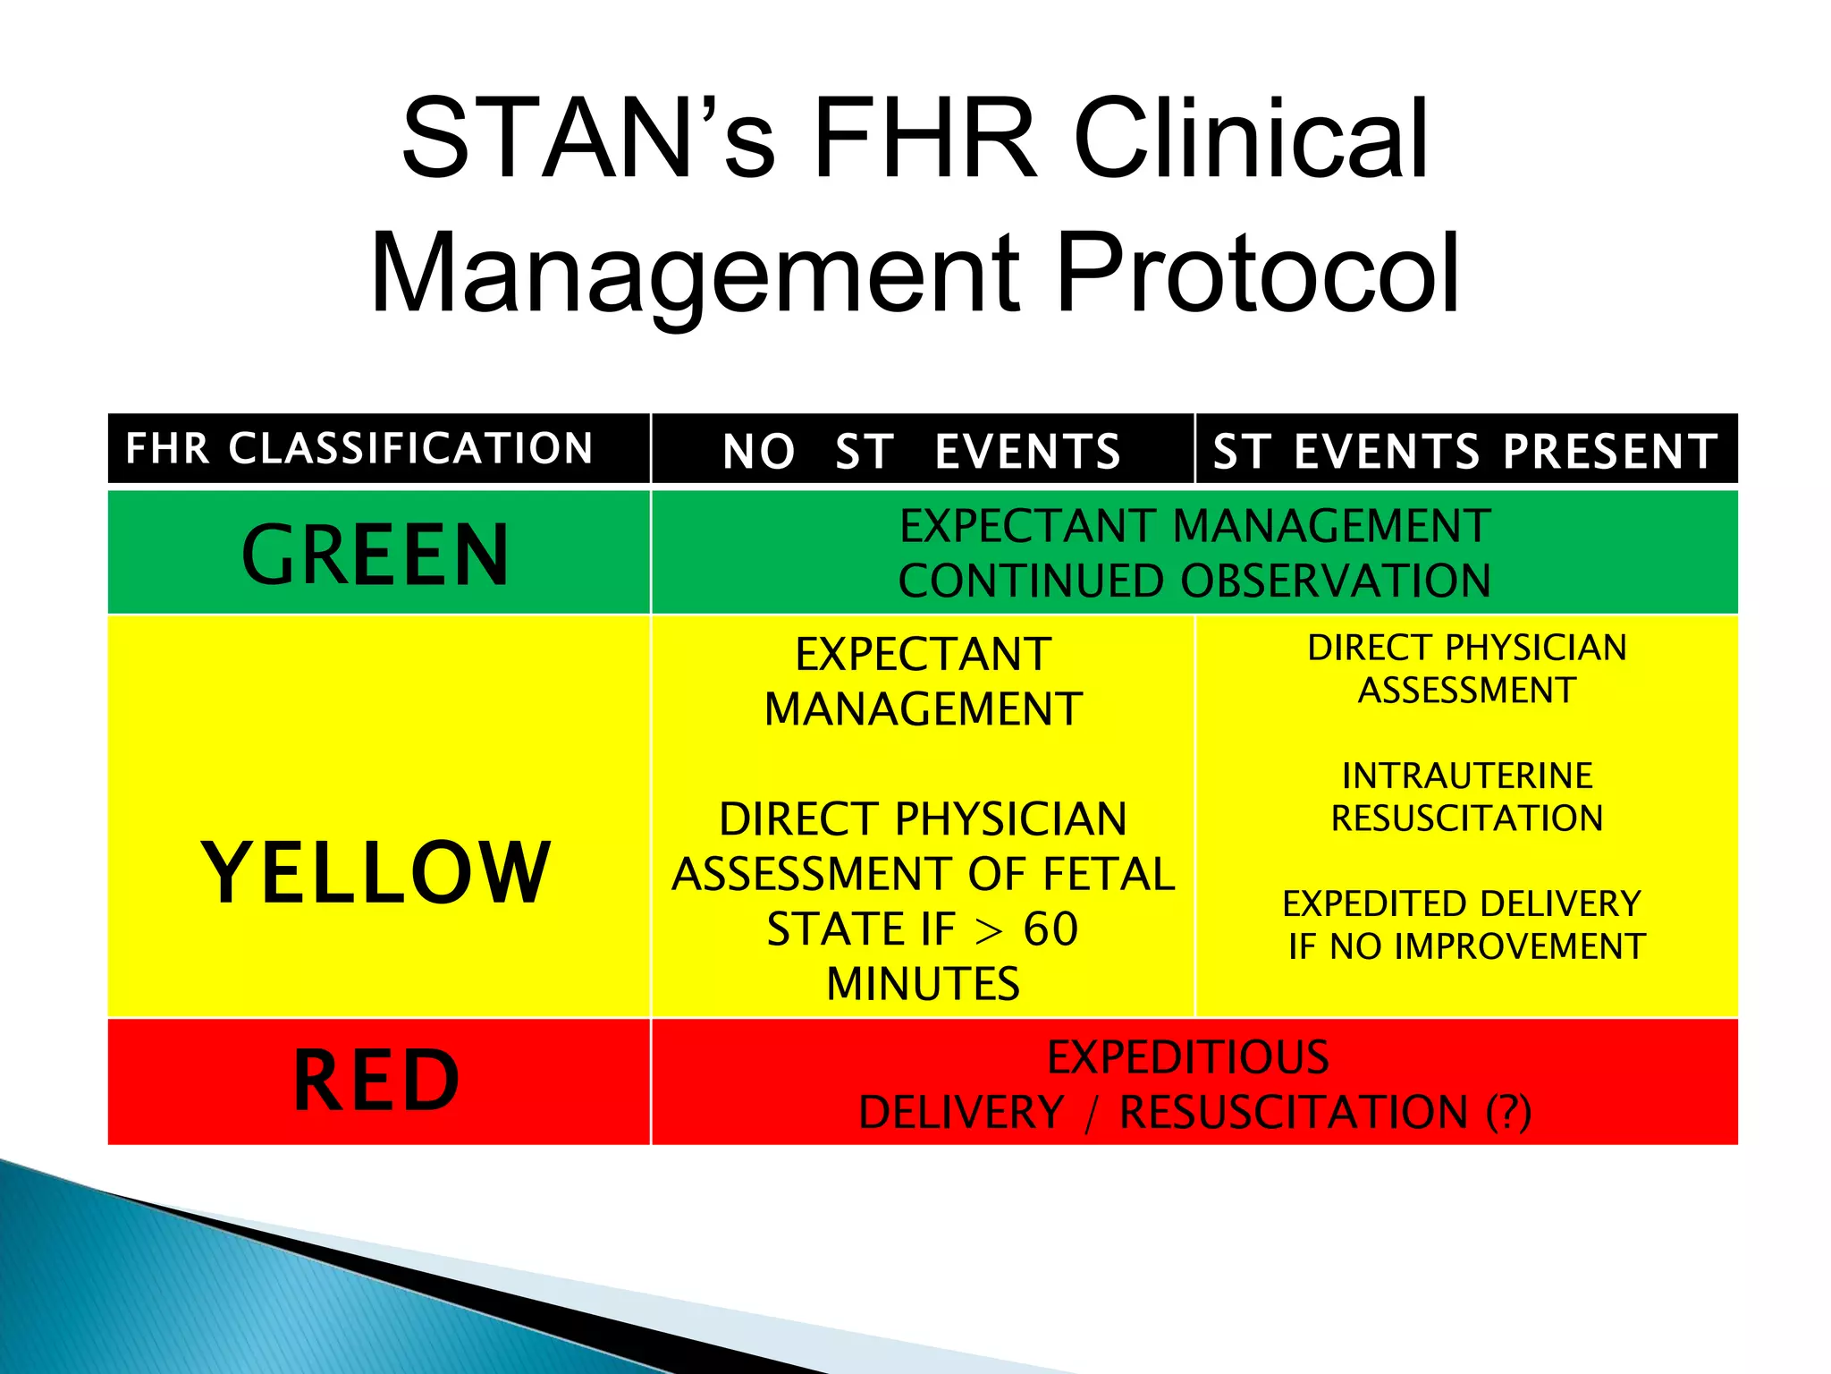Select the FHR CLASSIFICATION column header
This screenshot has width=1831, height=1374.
pyautogui.click(x=359, y=449)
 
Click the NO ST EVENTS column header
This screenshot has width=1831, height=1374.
pyautogui.click(x=922, y=451)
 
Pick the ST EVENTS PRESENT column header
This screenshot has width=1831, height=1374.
pyautogui.click(x=1465, y=451)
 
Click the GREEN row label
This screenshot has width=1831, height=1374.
pyautogui.click(x=375, y=556)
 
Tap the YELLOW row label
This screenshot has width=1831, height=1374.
pyautogui.click(x=375, y=873)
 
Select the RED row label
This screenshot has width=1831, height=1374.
pyautogui.click(x=376, y=1081)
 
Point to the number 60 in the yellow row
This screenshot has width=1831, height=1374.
pyautogui.click(x=1051, y=929)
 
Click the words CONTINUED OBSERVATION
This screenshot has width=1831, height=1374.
pyautogui.click(x=1194, y=581)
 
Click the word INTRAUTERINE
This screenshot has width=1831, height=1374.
pyautogui.click(x=1467, y=776)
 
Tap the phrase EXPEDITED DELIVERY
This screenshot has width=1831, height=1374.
pyautogui.click(x=1462, y=904)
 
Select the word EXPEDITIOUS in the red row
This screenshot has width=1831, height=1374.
pyautogui.click(x=1188, y=1057)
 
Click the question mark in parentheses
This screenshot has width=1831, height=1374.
pyautogui.click(x=1509, y=1113)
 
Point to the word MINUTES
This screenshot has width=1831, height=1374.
pyautogui.click(x=923, y=984)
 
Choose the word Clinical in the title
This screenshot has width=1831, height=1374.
pyautogui.click(x=1251, y=140)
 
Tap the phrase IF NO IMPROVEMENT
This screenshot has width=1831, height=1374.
pyautogui.click(x=1466, y=946)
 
